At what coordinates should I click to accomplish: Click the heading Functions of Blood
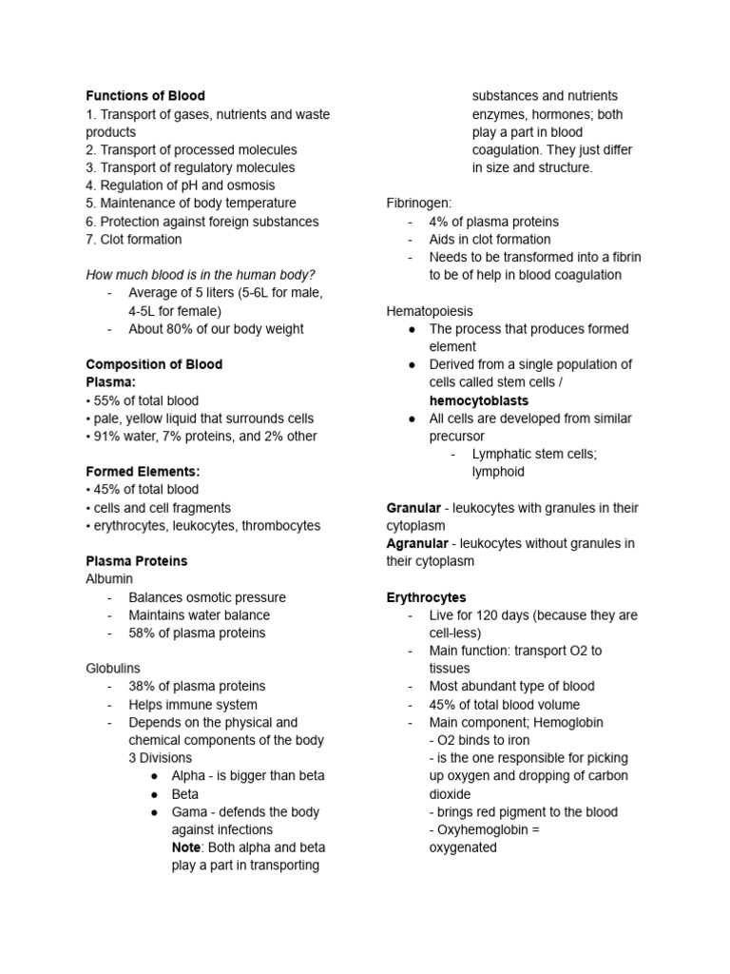pyautogui.click(x=144, y=96)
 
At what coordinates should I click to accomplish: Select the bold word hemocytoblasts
pyautogui.click(x=479, y=400)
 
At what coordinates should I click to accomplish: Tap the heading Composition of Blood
pyautogui.click(x=154, y=364)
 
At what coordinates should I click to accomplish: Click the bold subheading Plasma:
pyautogui.click(x=111, y=382)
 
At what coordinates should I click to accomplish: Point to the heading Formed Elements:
pyautogui.click(x=143, y=472)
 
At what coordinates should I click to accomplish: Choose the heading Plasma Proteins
pyautogui.click(x=136, y=561)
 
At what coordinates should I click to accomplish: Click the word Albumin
pyautogui.click(x=109, y=578)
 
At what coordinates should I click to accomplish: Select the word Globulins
pyautogui.click(x=113, y=669)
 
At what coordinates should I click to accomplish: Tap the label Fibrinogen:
pyautogui.click(x=419, y=204)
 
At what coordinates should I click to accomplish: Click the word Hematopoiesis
pyautogui.click(x=430, y=311)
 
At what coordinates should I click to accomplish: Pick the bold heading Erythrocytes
pyautogui.click(x=426, y=597)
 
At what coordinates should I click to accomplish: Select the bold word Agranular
pyautogui.click(x=417, y=543)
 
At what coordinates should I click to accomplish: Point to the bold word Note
pyautogui.click(x=185, y=847)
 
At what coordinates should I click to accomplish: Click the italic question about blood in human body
pyautogui.click(x=201, y=275)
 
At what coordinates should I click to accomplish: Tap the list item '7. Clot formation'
pyautogui.click(x=133, y=239)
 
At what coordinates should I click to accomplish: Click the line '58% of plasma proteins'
pyautogui.click(x=197, y=633)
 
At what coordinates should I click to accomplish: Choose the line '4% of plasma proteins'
pyautogui.click(x=493, y=222)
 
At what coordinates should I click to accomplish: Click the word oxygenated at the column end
pyautogui.click(x=463, y=847)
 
